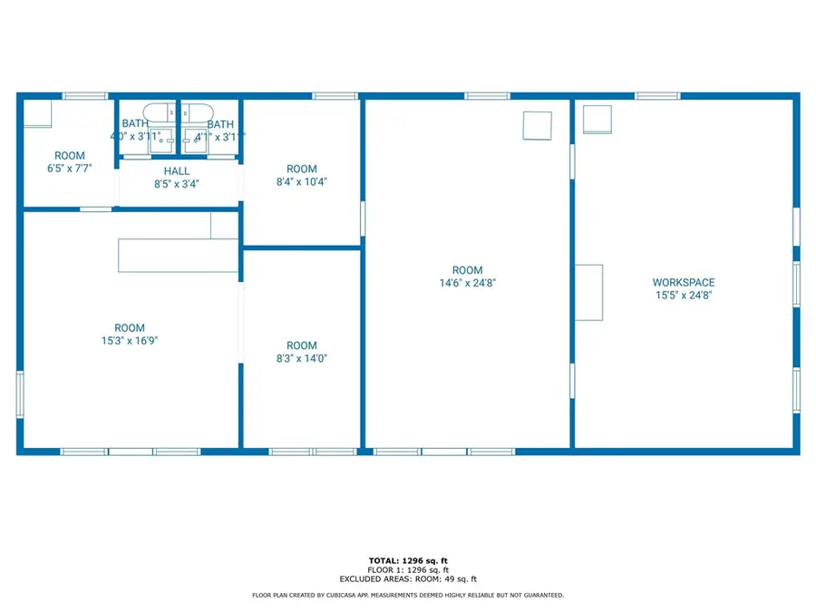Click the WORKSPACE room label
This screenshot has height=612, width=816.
click(684, 282)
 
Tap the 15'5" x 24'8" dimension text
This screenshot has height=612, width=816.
click(684, 295)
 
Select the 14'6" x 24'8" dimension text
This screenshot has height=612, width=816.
click(468, 283)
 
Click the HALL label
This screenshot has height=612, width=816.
click(177, 170)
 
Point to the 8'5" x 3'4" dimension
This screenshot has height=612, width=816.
click(177, 183)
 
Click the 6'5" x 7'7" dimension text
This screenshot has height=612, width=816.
click(70, 169)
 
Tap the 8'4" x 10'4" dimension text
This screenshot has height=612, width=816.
click(302, 181)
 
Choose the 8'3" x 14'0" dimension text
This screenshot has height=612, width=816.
click(302, 358)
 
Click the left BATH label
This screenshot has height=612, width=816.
click(135, 124)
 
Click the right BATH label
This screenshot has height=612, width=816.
click(220, 124)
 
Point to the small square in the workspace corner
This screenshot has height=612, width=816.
click(597, 119)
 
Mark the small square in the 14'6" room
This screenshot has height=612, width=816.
click(538, 125)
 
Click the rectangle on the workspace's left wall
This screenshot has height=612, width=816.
click(589, 292)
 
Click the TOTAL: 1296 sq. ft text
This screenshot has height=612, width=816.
click(408, 560)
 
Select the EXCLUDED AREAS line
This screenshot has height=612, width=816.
click(408, 578)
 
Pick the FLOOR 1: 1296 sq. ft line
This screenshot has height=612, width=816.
click(408, 569)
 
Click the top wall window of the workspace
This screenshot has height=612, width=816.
click(657, 95)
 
